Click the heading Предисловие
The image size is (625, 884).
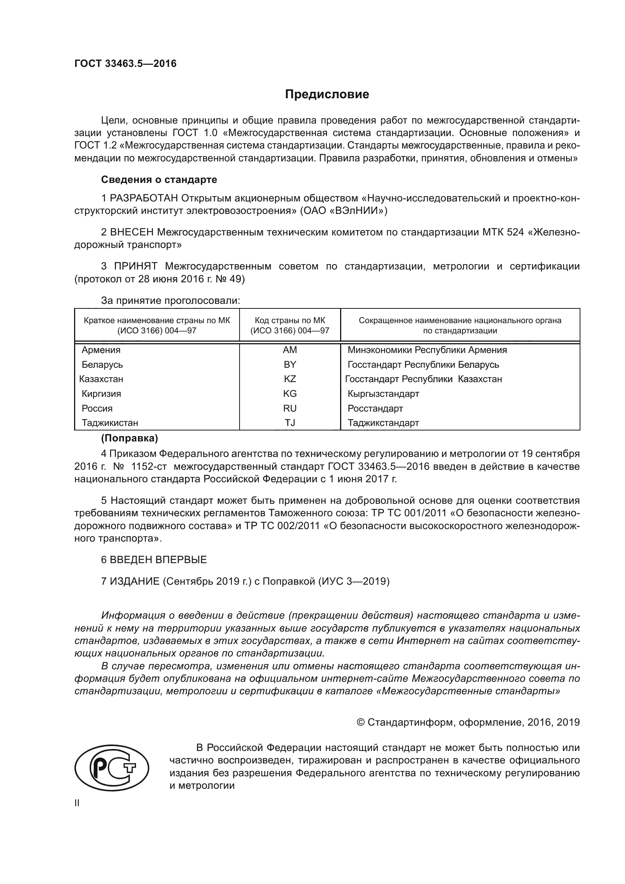pos(327,94)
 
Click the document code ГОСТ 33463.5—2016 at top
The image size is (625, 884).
pos(125,63)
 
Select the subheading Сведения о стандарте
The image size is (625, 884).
pos(159,180)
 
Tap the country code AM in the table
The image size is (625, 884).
pos(290,350)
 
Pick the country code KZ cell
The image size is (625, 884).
pos(290,379)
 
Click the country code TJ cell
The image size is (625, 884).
pos(290,423)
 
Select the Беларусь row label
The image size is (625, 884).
pos(102,364)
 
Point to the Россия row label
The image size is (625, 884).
pos(97,408)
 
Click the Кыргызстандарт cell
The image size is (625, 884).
pos(383,393)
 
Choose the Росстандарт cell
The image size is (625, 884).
pos(375,408)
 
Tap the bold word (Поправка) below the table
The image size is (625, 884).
pos(129,438)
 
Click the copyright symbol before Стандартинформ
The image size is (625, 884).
pos(360,722)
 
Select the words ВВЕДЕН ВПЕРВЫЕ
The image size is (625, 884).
pos(158,560)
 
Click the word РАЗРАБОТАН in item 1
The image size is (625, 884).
pos(144,198)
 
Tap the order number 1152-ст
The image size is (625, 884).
pos(149,467)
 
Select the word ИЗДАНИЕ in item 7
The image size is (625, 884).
pos(135,581)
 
